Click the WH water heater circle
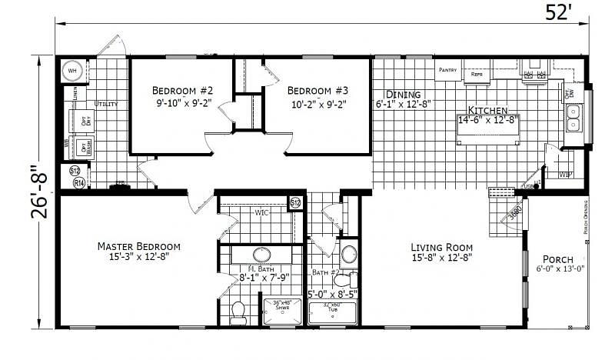73,71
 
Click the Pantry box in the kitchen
448,70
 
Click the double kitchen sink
573,117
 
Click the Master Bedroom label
138,246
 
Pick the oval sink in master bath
261,255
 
